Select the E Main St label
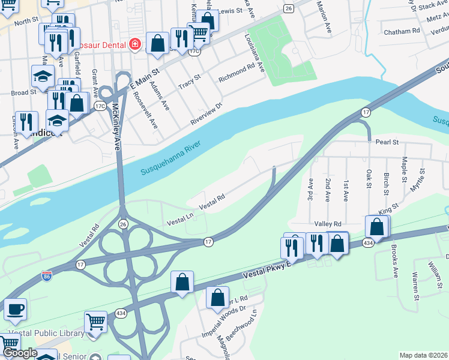point(144,80)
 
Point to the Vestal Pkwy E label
point(267,271)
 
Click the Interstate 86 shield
point(47,276)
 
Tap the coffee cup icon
point(15,310)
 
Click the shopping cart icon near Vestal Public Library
point(95,322)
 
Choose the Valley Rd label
point(328,223)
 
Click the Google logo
point(20,353)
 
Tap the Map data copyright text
point(423,355)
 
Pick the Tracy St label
point(188,82)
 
